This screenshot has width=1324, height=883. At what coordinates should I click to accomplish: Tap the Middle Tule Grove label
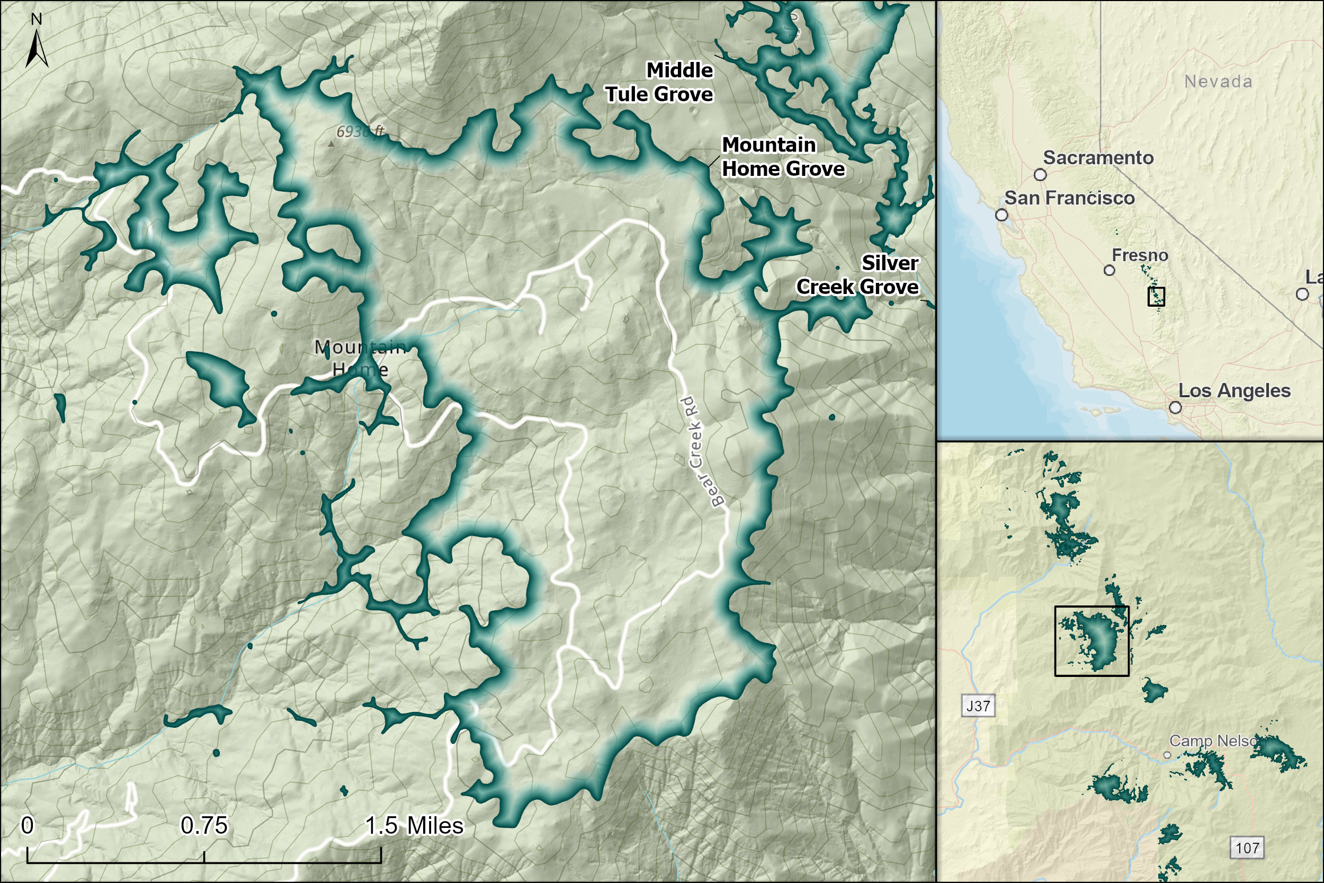click(659, 82)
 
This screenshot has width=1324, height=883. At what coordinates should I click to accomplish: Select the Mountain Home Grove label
click(782, 157)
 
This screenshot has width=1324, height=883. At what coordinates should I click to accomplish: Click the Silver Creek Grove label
click(857, 275)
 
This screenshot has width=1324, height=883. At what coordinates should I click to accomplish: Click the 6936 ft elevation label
click(360, 132)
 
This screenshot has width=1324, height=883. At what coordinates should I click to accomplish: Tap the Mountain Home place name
click(360, 358)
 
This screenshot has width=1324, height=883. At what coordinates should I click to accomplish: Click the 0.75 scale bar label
click(204, 826)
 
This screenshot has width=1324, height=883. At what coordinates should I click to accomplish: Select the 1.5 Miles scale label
click(414, 826)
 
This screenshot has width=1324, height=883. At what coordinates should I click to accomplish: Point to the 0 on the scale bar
click(27, 826)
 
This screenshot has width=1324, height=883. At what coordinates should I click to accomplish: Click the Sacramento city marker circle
click(1040, 175)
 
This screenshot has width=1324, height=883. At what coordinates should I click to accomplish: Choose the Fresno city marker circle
click(1110, 270)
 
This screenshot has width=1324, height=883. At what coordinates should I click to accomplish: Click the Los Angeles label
click(1234, 391)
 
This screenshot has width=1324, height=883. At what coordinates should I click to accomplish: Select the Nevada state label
click(1219, 82)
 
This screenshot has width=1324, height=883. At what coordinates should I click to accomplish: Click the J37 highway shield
click(978, 706)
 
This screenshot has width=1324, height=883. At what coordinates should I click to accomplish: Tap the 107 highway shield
click(1247, 848)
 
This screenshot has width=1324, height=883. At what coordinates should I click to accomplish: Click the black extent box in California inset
click(1156, 296)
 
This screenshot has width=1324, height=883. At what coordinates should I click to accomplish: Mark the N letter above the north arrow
click(37, 20)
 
